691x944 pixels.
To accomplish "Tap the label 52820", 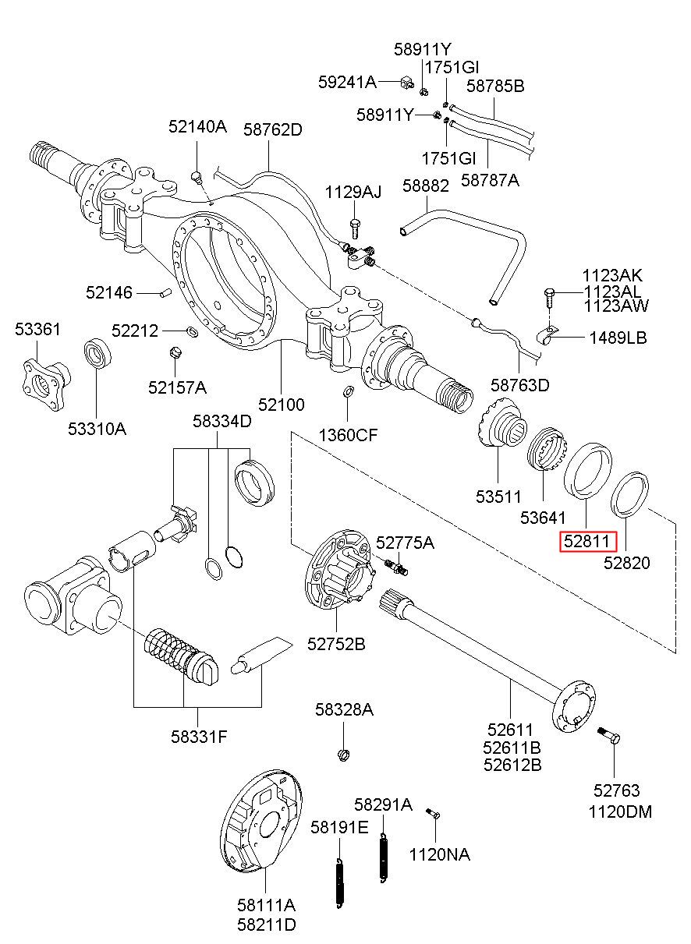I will coord(627,562).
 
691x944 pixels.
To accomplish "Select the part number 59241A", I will coord(347,81).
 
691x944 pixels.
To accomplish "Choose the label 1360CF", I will coord(348,434).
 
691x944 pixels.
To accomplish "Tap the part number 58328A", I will coord(344,709).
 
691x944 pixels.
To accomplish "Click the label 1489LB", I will coord(618,338).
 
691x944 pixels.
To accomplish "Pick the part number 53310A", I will coord(97,428).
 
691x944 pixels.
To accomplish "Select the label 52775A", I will coord(405,543).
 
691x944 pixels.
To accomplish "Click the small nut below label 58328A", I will coord(343,753).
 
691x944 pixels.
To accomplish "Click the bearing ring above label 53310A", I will coord(97,355).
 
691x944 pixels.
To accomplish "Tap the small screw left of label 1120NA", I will coord(434,814).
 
